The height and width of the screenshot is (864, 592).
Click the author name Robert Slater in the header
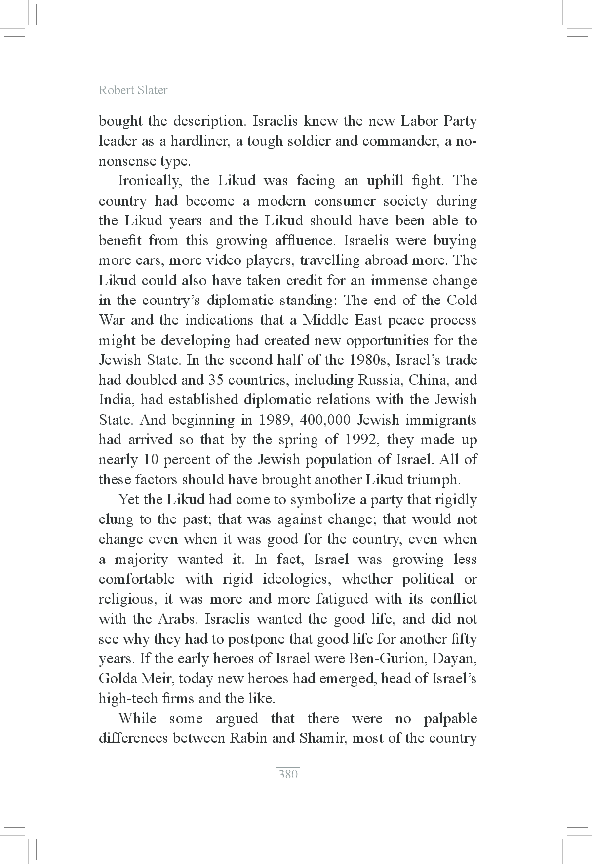(133, 90)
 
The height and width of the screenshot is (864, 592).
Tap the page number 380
(288, 774)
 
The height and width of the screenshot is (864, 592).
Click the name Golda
(117, 679)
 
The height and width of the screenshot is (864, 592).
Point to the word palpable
(450, 719)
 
